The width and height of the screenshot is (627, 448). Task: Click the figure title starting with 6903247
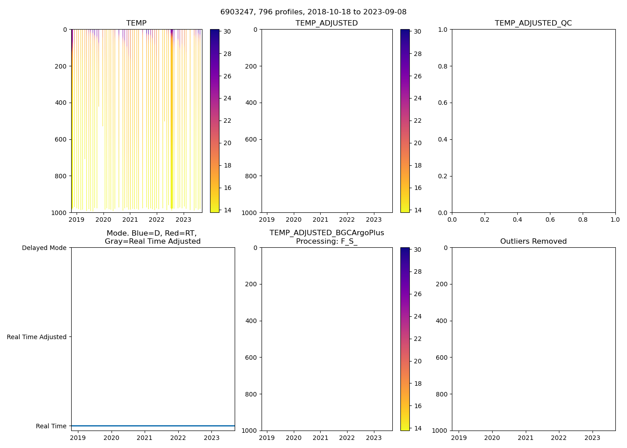(x=313, y=12)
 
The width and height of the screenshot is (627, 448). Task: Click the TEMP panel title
(x=136, y=23)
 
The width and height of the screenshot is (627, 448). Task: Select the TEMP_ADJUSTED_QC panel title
(x=533, y=23)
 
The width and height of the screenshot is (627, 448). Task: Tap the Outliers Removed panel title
(x=533, y=241)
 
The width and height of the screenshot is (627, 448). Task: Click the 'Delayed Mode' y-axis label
(x=44, y=248)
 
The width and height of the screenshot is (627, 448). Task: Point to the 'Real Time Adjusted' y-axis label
(x=37, y=337)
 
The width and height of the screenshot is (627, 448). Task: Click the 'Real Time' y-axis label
(x=51, y=426)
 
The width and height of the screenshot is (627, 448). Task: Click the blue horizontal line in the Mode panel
(x=153, y=426)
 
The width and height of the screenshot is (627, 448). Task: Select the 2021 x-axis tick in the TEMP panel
(x=130, y=220)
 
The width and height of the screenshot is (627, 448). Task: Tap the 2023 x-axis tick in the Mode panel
(x=211, y=438)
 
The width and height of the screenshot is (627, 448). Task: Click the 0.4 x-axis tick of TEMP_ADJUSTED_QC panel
(x=517, y=220)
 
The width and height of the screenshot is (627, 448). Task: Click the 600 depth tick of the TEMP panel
(x=61, y=139)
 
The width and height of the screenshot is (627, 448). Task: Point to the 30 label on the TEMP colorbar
(x=228, y=32)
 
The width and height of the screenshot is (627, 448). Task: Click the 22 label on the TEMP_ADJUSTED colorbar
(x=418, y=121)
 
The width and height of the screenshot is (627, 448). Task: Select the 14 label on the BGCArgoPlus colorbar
(x=418, y=428)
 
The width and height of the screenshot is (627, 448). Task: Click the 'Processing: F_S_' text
(x=326, y=241)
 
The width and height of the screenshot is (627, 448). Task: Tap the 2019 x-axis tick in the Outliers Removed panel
(x=459, y=438)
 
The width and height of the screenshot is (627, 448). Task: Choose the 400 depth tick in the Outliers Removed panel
(x=442, y=321)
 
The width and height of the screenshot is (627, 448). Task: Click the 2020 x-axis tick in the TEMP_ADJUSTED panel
(x=293, y=220)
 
